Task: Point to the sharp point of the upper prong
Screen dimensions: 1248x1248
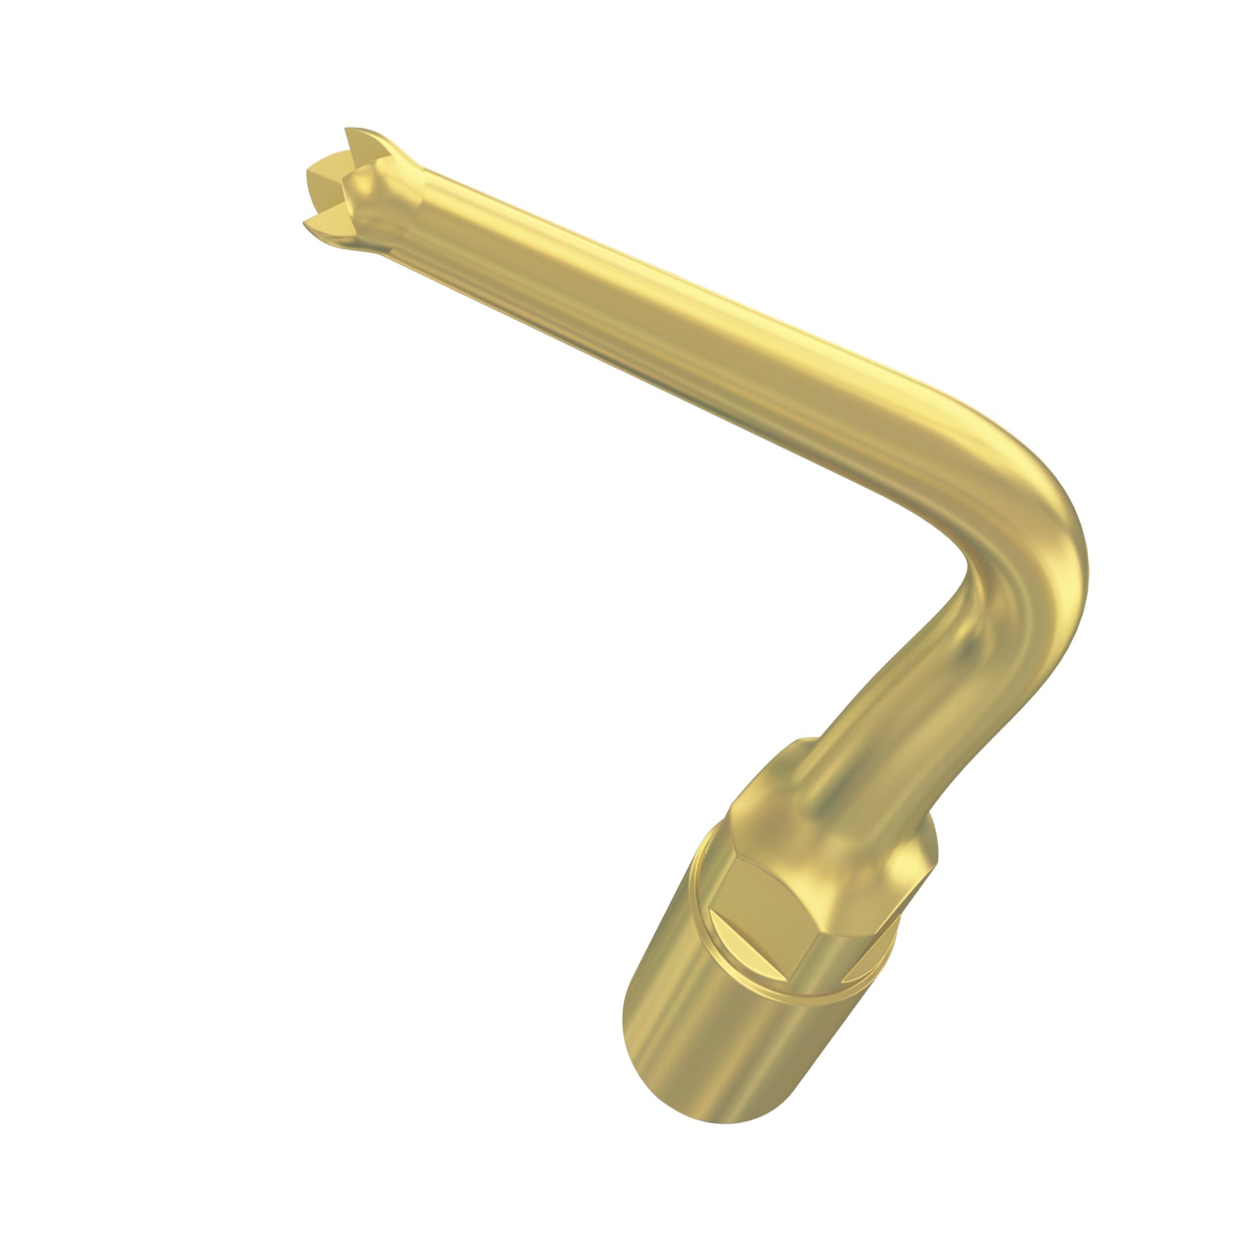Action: click(x=348, y=129)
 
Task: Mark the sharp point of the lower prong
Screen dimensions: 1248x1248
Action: click(x=305, y=224)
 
